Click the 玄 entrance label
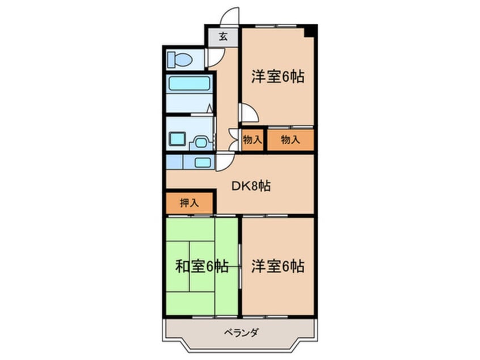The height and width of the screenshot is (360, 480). coord(223,37)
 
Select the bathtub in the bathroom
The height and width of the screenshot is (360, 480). coord(189,84)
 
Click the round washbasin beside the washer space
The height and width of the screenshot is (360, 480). coord(200,141)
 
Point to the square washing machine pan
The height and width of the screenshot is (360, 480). coord(178,138)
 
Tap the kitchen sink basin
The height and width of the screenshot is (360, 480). coord(203,162)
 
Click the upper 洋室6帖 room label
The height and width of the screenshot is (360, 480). coord(278,77)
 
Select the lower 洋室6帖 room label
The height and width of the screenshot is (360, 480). coord(278,266)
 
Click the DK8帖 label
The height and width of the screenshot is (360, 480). coord(251,186)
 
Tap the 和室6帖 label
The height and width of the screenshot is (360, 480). coord(202,266)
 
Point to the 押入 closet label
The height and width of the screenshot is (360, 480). coord(189,203)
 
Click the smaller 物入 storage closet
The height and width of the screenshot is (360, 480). coord(252,140)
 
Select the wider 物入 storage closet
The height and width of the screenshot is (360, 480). coord(290,140)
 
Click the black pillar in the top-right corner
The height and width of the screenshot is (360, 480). coord(309,31)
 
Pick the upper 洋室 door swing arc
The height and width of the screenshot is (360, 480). coord(249,112)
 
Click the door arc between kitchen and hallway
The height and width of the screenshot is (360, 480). coord(224,161)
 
